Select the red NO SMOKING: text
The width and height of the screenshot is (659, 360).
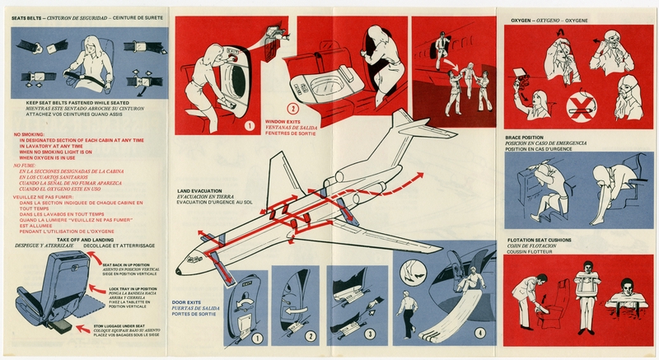(30, 133)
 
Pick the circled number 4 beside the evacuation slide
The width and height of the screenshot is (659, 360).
(479, 333)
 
